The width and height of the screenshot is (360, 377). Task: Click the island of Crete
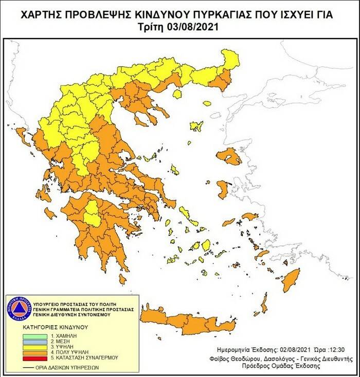pos(190,321)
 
